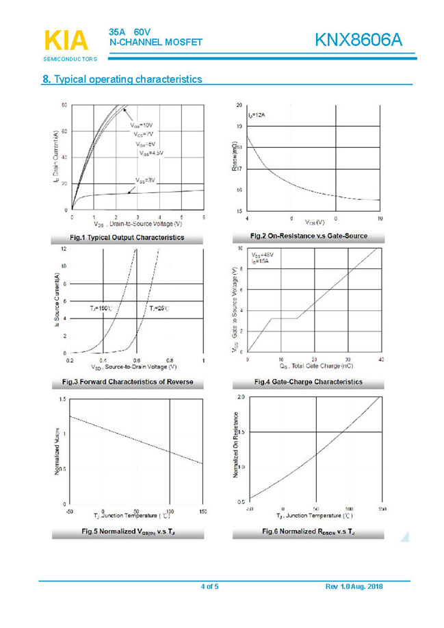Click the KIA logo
click(x=66, y=40)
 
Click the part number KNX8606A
click(x=358, y=41)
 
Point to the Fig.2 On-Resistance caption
click(x=309, y=236)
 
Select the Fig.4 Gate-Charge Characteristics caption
click(x=309, y=381)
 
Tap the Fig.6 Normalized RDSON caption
click(x=309, y=531)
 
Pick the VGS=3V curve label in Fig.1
click(x=145, y=180)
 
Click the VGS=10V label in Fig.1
click(x=142, y=125)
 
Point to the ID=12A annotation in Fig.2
click(x=257, y=115)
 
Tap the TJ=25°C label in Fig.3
click(x=159, y=310)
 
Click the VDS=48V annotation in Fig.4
click(x=263, y=255)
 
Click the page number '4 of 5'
click(x=209, y=587)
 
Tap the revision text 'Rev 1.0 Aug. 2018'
click(x=354, y=587)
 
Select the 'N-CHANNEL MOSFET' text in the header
click(x=156, y=42)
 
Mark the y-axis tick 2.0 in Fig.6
click(x=241, y=397)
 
